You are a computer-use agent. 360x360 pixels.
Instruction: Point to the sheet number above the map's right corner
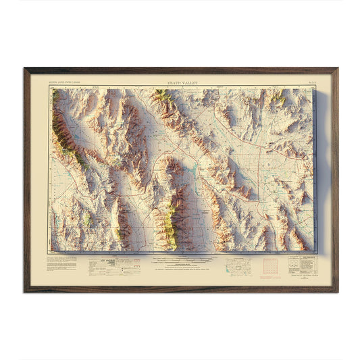pyautogui.click(x=305, y=84)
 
